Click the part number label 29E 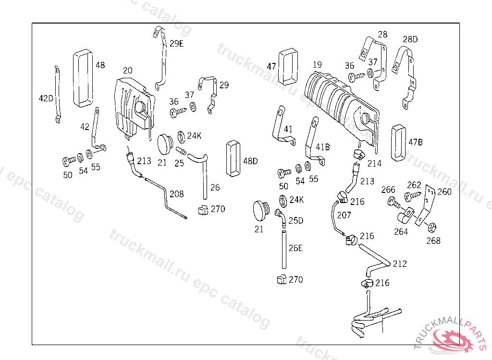click(176, 43)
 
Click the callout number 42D click(46, 98)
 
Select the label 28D click(410, 39)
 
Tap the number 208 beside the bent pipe click(176, 194)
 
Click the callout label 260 click(444, 192)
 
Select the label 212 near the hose click(400, 264)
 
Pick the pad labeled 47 click(287, 64)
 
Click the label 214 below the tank click(374, 163)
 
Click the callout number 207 click(344, 216)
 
